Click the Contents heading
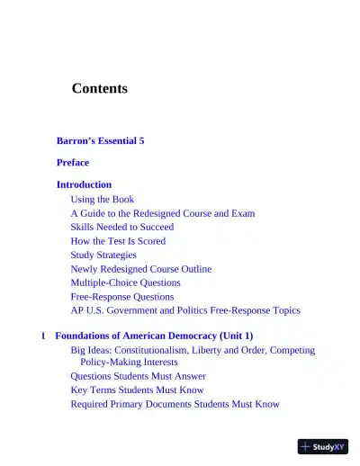pyautogui.click(x=99, y=88)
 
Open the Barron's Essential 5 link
pyautogui.click(x=100, y=141)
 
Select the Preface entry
pyautogui.click(x=73, y=163)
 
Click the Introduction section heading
pyautogui.click(x=84, y=184)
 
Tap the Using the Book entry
pyautogui.click(x=103, y=199)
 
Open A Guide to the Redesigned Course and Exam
pyautogui.click(x=162, y=213)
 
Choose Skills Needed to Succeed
pyautogui.click(x=122, y=228)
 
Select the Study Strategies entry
pyautogui.click(x=103, y=255)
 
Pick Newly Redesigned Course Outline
pyautogui.click(x=141, y=269)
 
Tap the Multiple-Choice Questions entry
pyautogui.click(x=125, y=282)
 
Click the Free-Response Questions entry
pyautogui.click(x=122, y=296)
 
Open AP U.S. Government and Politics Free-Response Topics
pyautogui.click(x=185, y=310)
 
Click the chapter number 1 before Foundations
pyautogui.click(x=43, y=336)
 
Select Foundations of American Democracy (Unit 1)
pyautogui.click(x=154, y=336)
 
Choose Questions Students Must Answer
pyautogui.click(x=138, y=376)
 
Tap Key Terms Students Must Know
pyautogui.click(x=137, y=390)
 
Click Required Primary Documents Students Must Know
pyautogui.click(x=175, y=404)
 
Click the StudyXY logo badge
pyautogui.click(x=323, y=446)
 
